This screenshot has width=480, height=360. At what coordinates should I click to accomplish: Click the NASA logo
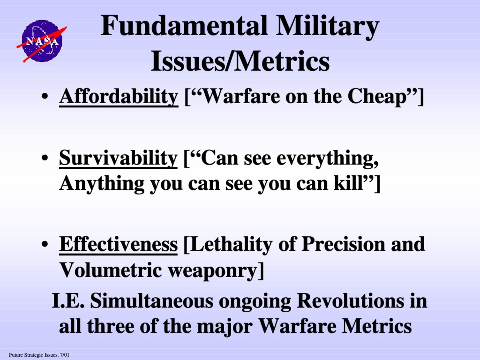tap(42, 41)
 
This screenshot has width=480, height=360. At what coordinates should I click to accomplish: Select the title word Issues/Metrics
tap(240, 61)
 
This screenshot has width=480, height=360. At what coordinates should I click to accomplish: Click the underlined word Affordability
tap(119, 97)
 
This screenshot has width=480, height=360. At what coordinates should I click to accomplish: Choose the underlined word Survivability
tap(118, 158)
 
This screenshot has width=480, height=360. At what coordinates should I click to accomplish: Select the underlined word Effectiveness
tap(118, 245)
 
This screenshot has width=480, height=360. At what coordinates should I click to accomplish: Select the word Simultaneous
tap(151, 300)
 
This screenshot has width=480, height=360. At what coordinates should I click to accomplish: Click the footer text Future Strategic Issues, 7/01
tap(39, 355)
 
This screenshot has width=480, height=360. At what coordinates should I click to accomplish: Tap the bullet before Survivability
tap(45, 158)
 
